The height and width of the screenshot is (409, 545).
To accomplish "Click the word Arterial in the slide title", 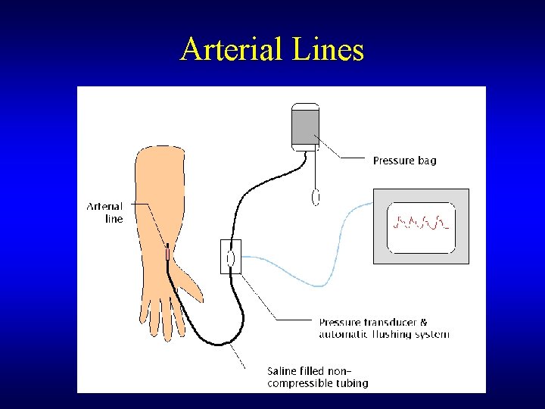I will pos(226,50).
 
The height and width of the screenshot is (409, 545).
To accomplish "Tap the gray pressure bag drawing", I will pos(305,126).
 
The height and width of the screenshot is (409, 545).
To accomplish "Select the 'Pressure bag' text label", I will pos(404,161).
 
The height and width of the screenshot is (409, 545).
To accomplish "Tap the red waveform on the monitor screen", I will pos(420,223).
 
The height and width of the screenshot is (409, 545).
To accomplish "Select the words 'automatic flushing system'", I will pos(384,334).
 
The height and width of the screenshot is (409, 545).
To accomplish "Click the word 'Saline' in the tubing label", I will pos(283,371).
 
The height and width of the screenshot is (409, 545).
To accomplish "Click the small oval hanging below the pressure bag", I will pos(316,197).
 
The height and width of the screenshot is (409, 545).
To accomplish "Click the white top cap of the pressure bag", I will pos(305,106).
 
